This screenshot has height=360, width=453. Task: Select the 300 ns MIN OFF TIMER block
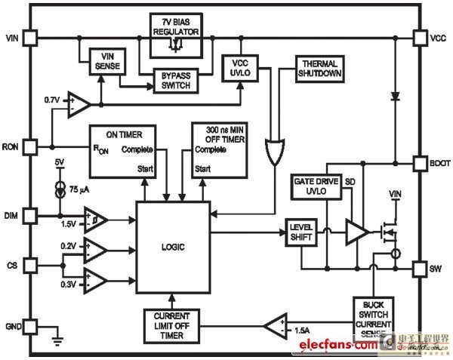[x=219, y=149]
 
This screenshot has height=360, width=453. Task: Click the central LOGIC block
[x=173, y=247]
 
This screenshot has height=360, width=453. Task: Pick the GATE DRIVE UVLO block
[x=316, y=187]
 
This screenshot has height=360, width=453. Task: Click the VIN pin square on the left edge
[x=30, y=36]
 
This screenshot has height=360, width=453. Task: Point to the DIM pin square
[x=30, y=216]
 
